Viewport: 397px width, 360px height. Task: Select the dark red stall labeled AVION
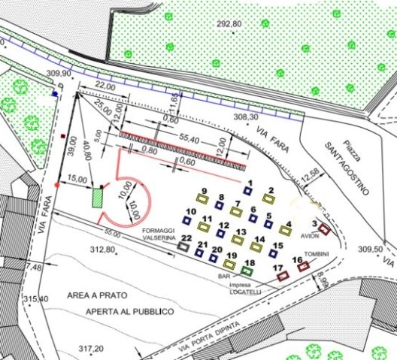325,229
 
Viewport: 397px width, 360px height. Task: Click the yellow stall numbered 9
202,198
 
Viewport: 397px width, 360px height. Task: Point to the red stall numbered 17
283,276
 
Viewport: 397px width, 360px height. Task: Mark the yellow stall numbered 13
238,241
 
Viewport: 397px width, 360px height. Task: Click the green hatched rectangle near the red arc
96,198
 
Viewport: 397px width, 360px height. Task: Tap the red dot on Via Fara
58,184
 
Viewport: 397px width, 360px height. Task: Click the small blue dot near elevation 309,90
55,95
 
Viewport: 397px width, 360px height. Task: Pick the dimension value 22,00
106,88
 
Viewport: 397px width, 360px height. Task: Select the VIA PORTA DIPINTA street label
206,337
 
